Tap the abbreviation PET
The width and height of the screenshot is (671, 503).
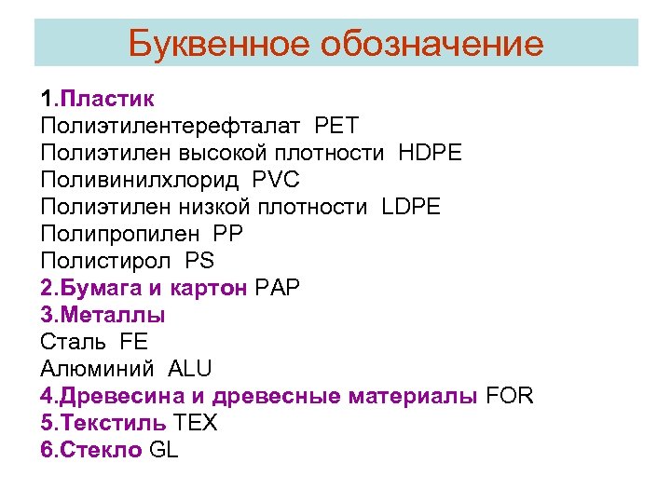[336, 125]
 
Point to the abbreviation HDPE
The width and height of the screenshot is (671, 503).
[430, 152]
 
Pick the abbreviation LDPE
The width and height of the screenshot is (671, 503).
[413, 206]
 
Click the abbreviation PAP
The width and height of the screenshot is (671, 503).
[277, 288]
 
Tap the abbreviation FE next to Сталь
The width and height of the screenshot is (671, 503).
[134, 342]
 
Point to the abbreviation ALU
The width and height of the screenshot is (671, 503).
[190, 369]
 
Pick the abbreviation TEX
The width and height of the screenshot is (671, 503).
[196, 423]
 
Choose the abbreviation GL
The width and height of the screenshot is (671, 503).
[163, 450]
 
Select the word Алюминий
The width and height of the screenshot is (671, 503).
[98, 369]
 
